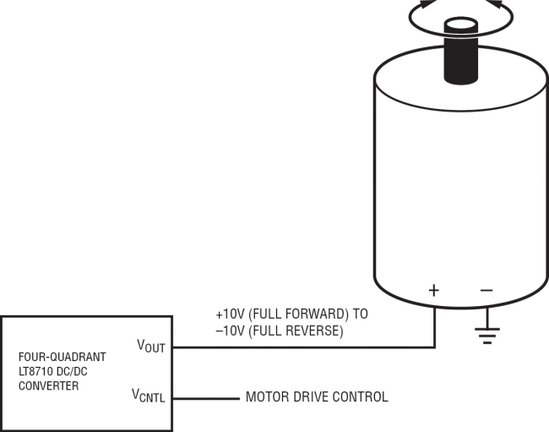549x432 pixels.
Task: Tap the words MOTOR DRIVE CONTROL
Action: [x=317, y=396]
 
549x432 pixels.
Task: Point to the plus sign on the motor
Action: [x=434, y=290]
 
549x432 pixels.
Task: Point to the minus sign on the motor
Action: [x=486, y=290]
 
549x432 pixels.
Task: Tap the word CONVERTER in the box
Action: [x=48, y=386]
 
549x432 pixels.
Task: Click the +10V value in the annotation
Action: [x=230, y=314]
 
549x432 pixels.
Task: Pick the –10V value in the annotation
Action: [x=230, y=331]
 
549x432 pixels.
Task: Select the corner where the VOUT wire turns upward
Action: [x=434, y=347]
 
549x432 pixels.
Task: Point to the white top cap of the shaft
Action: [x=463, y=25]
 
